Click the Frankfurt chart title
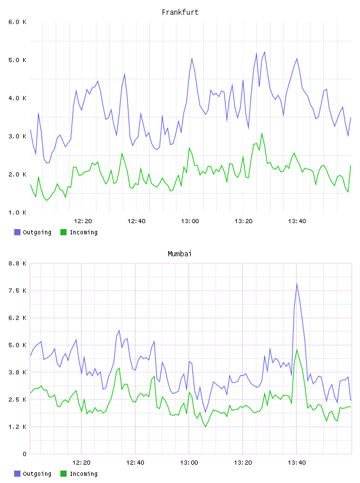[x=180, y=12]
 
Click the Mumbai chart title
[x=179, y=254]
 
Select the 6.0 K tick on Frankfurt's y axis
[x=17, y=22]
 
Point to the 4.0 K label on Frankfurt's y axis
[x=17, y=98]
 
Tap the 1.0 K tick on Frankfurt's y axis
[x=17, y=212]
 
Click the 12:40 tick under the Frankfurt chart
[x=136, y=221]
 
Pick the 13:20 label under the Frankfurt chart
[x=243, y=221]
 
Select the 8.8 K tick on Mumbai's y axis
[x=17, y=263]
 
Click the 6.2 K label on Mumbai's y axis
[x=17, y=318]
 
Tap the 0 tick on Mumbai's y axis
[x=24, y=454]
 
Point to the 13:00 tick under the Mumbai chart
[x=189, y=463]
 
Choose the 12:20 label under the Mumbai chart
[x=81, y=463]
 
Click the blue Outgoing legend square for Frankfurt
[x=17, y=232]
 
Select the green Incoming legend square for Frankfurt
[x=63, y=232]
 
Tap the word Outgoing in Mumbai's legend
[x=37, y=474]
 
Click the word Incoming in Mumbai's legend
[x=83, y=474]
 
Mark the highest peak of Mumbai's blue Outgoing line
[x=297, y=284]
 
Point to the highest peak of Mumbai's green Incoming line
[x=297, y=350]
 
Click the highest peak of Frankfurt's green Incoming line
[x=262, y=133]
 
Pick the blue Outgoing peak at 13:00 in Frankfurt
[x=192, y=58]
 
